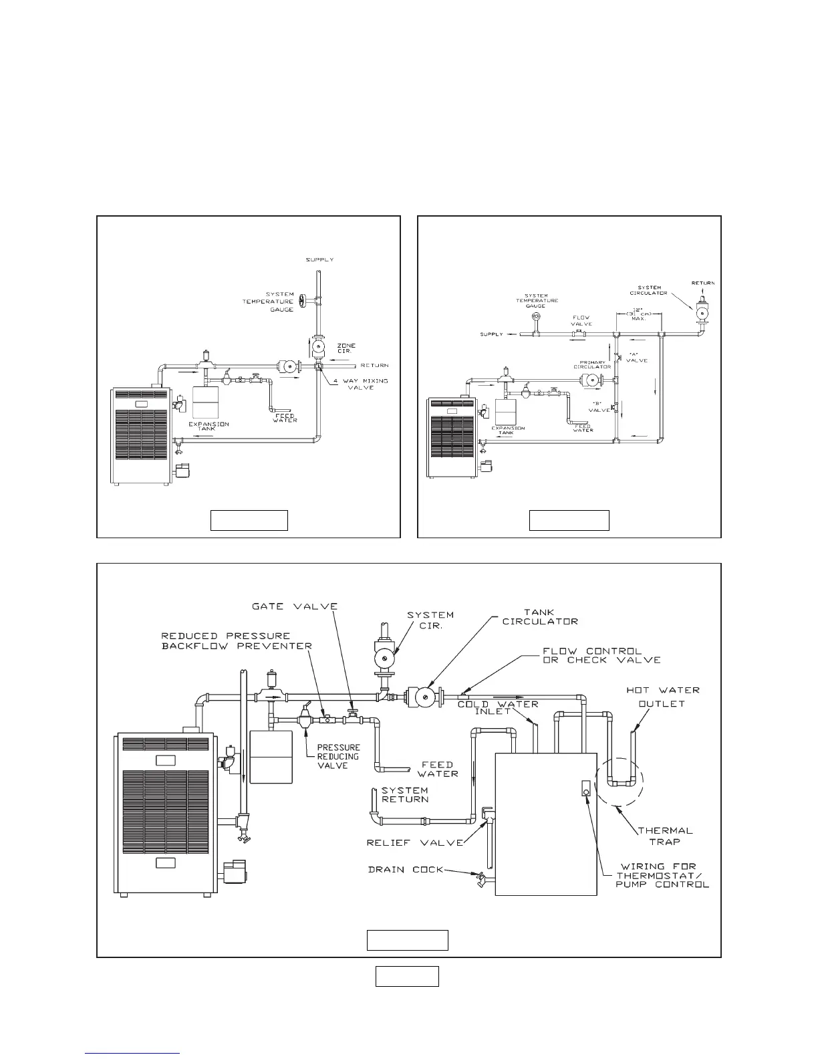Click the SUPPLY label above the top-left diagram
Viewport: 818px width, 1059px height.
click(x=319, y=259)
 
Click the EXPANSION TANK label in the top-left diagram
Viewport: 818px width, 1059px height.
click(x=209, y=427)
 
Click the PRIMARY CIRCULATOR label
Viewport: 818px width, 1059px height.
click(x=592, y=365)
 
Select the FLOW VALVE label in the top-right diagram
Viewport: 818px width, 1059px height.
click(x=581, y=321)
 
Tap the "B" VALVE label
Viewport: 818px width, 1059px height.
click(x=600, y=406)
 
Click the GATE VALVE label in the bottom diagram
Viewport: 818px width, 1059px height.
click(x=294, y=606)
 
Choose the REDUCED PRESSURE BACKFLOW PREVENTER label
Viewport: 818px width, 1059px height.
click(x=237, y=640)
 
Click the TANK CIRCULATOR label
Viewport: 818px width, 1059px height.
click(x=540, y=616)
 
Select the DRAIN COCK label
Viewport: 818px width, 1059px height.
click(x=405, y=870)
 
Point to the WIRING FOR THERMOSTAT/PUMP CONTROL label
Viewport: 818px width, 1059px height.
click(x=662, y=875)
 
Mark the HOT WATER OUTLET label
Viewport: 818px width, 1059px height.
click(x=662, y=696)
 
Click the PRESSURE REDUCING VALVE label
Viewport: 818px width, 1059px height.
click(x=338, y=756)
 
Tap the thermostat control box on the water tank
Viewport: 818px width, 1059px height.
click(x=585, y=788)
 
